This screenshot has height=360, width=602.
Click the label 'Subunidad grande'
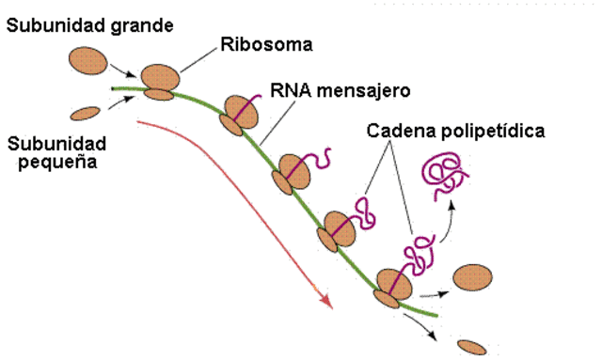pos(89,25)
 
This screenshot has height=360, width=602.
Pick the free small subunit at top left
pos(87,114)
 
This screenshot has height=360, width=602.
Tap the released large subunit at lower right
pos(471,279)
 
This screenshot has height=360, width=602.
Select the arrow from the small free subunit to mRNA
pos(119,102)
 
